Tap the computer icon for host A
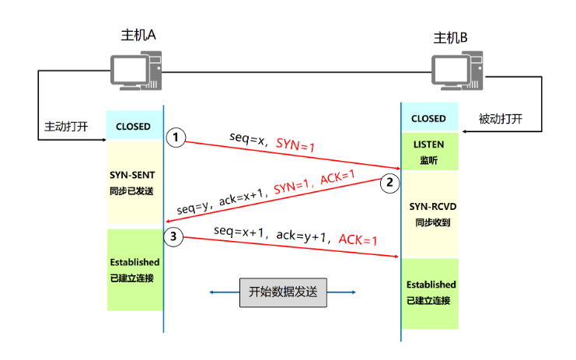(136, 72)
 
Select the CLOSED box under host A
(134, 126)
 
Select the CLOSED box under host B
(429, 119)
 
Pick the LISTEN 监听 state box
(429, 152)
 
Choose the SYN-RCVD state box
(430, 214)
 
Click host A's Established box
(134, 270)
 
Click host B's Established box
(430, 292)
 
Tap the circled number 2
(389, 183)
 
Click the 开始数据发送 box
(283, 292)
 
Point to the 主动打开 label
(65, 125)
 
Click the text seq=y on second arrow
(191, 209)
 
